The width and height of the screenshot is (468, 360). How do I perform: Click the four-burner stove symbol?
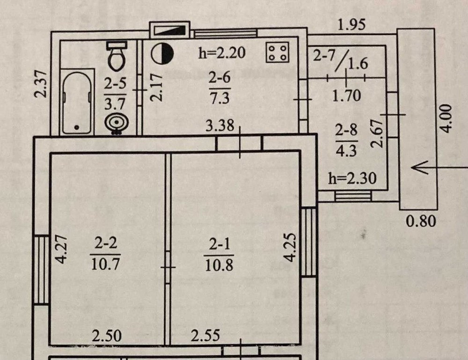[278, 52]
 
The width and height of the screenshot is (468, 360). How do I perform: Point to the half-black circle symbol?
[162, 53]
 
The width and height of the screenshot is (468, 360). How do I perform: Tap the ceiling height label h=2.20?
[222, 53]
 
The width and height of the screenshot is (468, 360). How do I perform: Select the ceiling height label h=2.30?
[352, 178]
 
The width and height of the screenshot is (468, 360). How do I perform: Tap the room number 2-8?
[346, 131]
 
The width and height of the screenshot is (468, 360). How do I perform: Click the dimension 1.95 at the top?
[351, 25]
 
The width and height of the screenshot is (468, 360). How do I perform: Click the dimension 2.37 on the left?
[42, 84]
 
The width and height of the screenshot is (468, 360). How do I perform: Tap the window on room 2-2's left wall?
[42, 270]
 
